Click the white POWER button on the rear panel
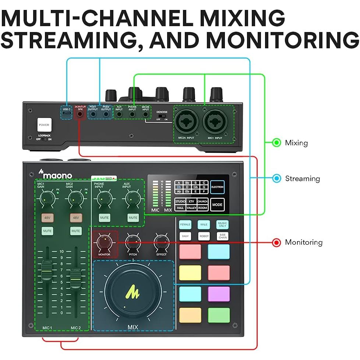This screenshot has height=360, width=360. tap(43, 125)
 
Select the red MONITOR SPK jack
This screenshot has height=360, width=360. tap(80, 114)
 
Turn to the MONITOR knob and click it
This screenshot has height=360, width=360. tap(104, 242)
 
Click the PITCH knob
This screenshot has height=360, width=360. tap(133, 242)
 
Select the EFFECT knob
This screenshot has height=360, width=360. tap(161, 242)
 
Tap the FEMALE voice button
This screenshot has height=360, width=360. tap(185, 224)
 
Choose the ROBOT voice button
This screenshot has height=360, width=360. tap(204, 236)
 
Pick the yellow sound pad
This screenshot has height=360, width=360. tap(190, 273)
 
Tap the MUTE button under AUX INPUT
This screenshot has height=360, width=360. tap(133, 218)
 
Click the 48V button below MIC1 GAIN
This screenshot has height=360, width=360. tap(47, 218)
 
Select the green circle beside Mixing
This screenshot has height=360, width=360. tap(276, 143)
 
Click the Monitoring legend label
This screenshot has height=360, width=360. tap(304, 242)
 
